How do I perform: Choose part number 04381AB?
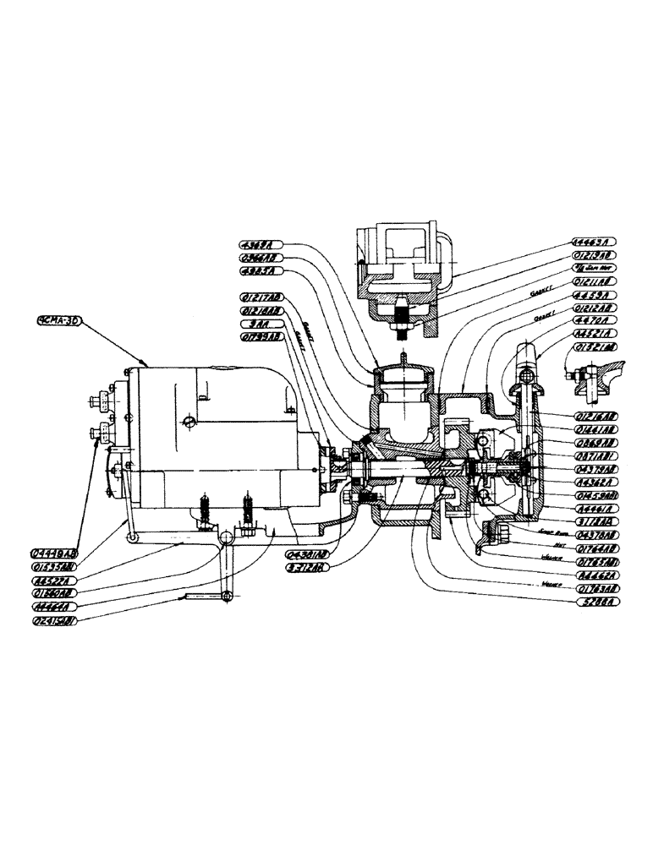[307, 555]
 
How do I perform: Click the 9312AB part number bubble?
[307, 568]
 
